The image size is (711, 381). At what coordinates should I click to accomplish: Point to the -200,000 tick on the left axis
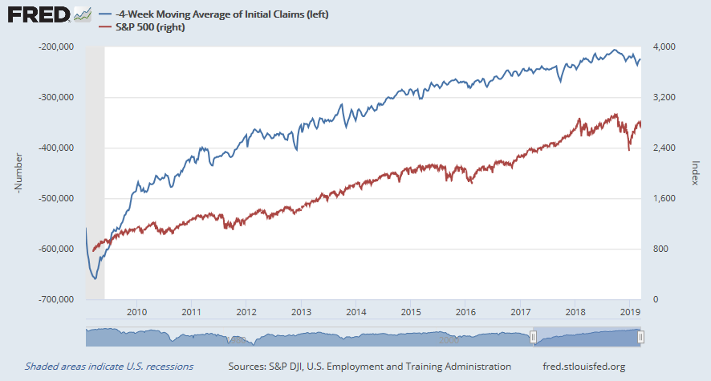[56, 47]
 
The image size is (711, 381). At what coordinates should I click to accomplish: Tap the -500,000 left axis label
[56, 198]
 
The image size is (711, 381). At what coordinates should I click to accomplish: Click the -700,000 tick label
[56, 299]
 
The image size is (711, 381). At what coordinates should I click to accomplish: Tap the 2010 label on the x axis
[136, 312]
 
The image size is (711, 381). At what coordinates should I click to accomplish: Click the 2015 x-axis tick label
[410, 312]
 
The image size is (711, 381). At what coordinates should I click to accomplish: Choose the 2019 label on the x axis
[630, 312]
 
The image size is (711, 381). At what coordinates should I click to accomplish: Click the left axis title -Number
[17, 173]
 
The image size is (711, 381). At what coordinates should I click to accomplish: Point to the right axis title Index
[696, 173]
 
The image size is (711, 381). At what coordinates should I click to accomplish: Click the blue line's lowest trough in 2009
[95, 278]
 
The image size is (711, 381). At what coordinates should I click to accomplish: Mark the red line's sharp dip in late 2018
[628, 149]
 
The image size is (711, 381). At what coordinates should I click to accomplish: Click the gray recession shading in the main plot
[95, 160]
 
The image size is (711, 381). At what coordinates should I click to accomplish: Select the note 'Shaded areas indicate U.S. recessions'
[109, 367]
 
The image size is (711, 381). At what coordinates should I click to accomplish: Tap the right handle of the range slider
[640, 338]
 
